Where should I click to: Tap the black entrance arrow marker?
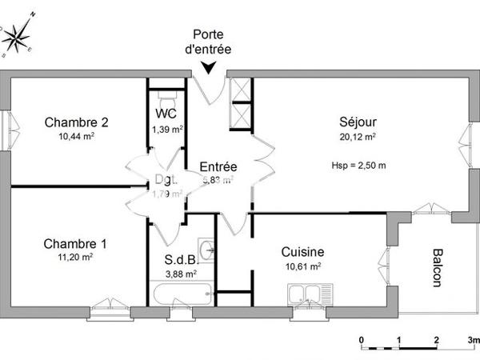click(208, 68)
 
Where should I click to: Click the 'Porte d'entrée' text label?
click(208, 42)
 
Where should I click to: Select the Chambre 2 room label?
click(77, 122)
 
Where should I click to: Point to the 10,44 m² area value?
click(77, 137)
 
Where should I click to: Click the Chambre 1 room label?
click(76, 243)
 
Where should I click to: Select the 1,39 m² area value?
click(167, 129)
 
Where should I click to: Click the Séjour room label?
click(358, 122)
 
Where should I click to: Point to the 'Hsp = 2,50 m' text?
click(358, 166)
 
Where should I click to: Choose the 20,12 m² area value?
click(358, 137)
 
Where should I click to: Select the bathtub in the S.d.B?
click(182, 294)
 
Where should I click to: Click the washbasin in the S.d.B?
click(209, 250)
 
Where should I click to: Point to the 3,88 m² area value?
click(181, 274)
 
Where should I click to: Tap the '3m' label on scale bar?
click(472, 341)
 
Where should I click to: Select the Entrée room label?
click(218, 166)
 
